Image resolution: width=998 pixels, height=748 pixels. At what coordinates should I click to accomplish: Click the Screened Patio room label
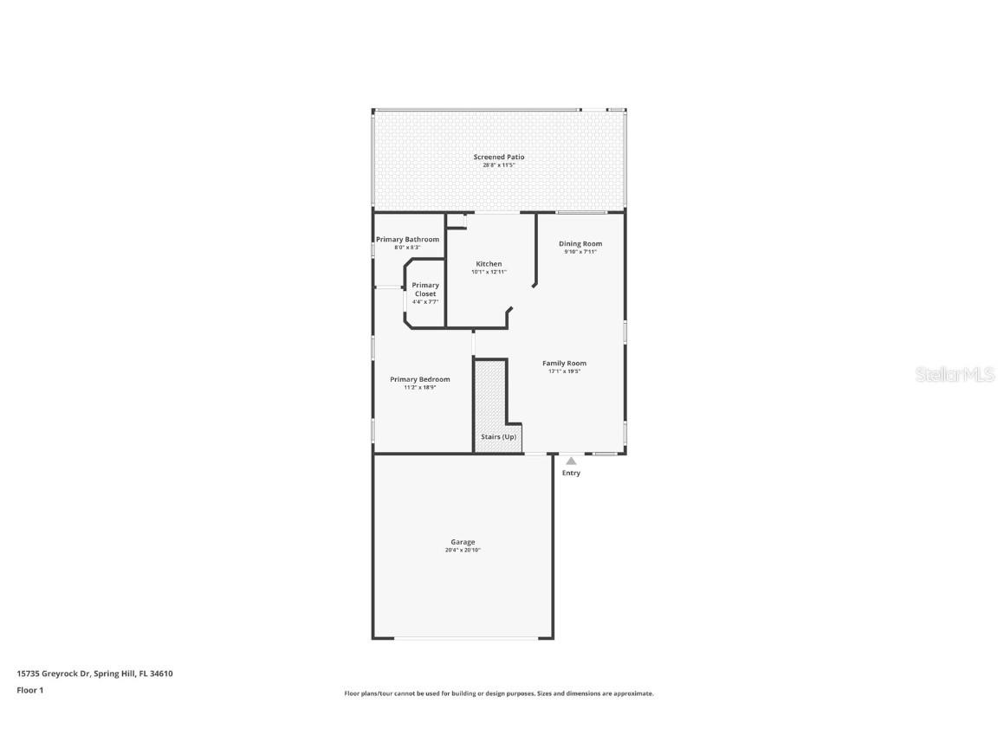click(x=498, y=157)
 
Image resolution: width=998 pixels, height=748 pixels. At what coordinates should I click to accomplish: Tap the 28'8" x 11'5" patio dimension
click(x=498, y=164)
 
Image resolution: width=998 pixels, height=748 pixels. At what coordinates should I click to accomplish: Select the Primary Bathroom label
click(x=407, y=239)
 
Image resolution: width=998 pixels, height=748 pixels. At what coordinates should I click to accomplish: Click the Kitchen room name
click(x=489, y=264)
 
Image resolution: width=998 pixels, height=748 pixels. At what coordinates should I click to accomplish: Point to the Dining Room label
click(x=580, y=243)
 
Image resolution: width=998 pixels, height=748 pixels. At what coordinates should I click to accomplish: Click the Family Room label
click(x=564, y=363)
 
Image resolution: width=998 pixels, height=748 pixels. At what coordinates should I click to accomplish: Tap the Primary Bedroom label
click(x=420, y=379)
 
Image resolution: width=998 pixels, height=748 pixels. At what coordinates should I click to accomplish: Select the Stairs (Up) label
click(x=498, y=436)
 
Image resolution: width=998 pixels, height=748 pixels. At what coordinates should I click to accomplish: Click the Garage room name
click(x=463, y=542)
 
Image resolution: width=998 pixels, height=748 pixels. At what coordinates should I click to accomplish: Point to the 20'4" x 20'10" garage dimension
click(x=463, y=550)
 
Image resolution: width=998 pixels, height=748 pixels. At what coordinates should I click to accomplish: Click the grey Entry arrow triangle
click(x=571, y=461)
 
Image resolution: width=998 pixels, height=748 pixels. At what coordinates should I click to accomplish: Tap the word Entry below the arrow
click(x=571, y=473)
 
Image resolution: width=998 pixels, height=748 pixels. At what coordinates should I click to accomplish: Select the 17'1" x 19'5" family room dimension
click(x=564, y=371)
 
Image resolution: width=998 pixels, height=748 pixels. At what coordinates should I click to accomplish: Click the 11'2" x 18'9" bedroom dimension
click(x=420, y=388)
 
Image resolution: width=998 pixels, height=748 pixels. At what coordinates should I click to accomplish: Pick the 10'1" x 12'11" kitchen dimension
click(x=489, y=272)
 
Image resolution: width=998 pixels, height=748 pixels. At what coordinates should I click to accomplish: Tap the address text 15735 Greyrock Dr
click(x=53, y=673)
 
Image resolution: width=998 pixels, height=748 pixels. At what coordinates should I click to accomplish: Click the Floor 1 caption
click(x=29, y=690)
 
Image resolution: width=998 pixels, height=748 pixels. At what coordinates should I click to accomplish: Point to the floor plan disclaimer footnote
click(x=499, y=693)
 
